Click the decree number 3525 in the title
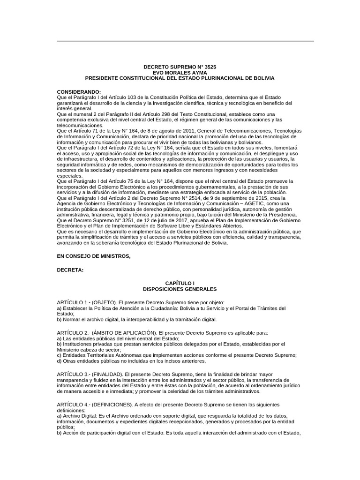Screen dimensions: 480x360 coord(210,67)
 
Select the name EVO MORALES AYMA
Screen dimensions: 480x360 coord(180,73)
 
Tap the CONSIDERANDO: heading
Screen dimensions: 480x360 coord(79,91)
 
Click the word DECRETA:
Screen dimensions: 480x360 coord(70,270)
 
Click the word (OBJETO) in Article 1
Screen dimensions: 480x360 coord(105,302)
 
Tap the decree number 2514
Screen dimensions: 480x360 coord(200,198)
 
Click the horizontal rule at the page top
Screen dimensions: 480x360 coord(185,41)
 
